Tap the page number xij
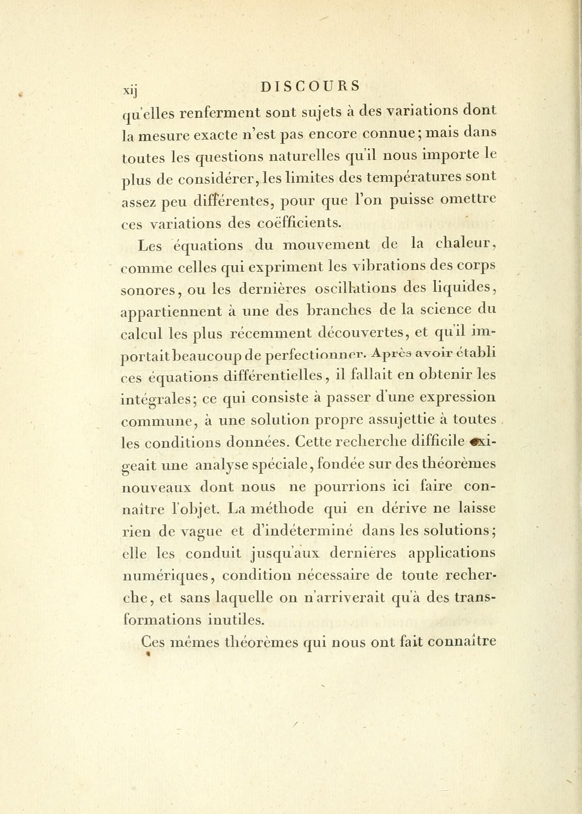[130, 90]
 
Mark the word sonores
[149, 290]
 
